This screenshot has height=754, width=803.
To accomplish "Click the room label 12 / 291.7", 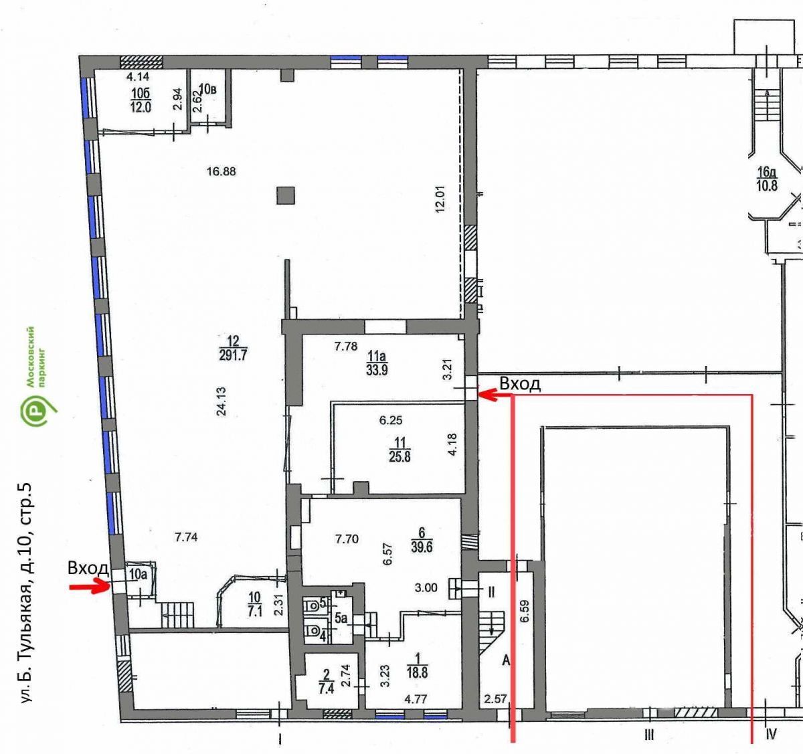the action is pyautogui.click(x=233, y=348).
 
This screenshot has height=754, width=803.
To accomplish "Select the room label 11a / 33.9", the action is pyautogui.click(x=377, y=363).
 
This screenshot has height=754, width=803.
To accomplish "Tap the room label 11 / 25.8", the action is pyautogui.click(x=399, y=450).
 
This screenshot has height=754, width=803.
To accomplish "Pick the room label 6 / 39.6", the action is pyautogui.click(x=422, y=540).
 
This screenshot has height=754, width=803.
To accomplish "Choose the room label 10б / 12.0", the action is pyautogui.click(x=141, y=100).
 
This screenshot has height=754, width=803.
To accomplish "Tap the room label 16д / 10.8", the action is pyautogui.click(x=767, y=179).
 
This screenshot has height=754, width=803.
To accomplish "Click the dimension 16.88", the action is pyautogui.click(x=221, y=171).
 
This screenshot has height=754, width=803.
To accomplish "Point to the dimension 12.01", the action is pyautogui.click(x=440, y=199).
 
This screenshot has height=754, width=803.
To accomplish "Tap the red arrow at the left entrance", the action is pyautogui.click(x=90, y=586).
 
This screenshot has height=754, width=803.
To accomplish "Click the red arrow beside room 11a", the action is pyautogui.click(x=496, y=394).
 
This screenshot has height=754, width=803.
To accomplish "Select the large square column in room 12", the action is pyautogui.click(x=286, y=196).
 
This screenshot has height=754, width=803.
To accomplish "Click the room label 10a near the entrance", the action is pyautogui.click(x=138, y=573).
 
